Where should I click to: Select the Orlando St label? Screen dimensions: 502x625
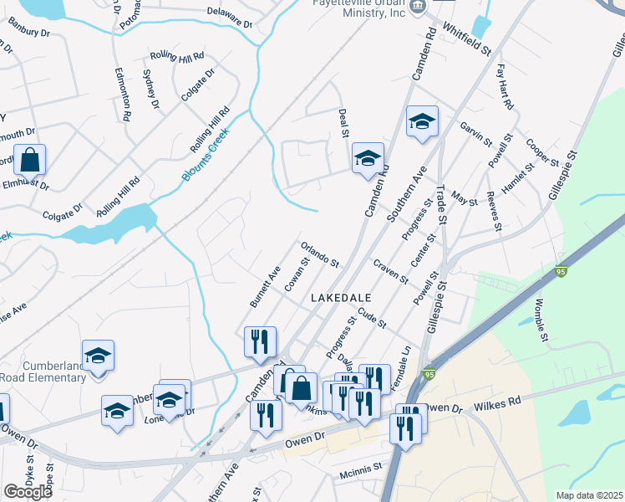click(x=319, y=254)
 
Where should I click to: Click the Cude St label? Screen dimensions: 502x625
click(x=372, y=318)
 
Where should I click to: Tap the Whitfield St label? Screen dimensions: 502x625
click(x=466, y=39)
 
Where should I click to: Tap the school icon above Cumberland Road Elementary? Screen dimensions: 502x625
click(x=98, y=355)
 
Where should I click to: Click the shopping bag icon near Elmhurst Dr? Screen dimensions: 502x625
click(x=29, y=159)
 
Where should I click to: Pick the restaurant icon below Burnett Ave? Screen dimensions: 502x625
click(x=260, y=341)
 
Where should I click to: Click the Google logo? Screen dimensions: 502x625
click(x=28, y=492)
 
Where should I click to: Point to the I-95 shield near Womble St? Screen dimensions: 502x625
click(x=561, y=272)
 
